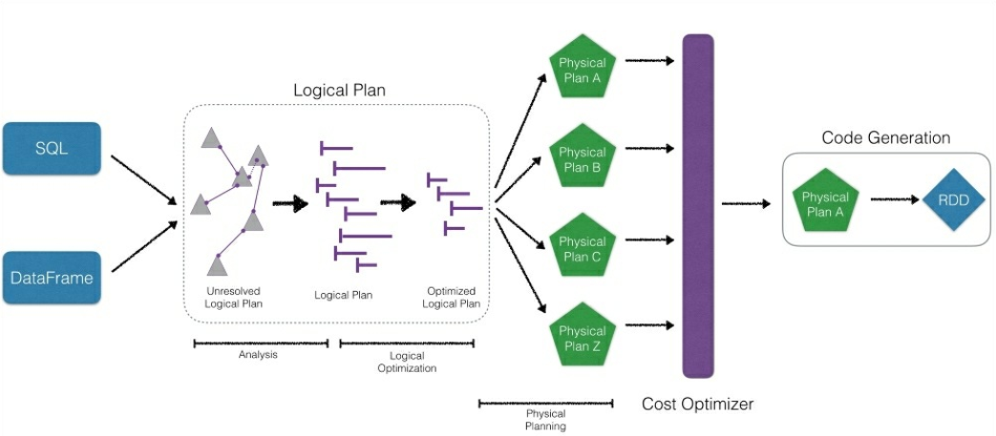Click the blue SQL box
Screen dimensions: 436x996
pyautogui.click(x=52, y=148)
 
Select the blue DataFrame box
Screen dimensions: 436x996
pyautogui.click(x=52, y=278)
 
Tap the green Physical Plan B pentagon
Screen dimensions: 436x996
pyautogui.click(x=583, y=158)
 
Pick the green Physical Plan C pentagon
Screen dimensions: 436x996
pyautogui.click(x=583, y=248)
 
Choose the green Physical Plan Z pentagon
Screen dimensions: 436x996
pyautogui.click(x=583, y=338)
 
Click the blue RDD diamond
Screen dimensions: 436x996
pyautogui.click(x=951, y=198)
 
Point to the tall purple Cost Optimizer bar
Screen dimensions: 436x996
pyautogui.click(x=698, y=206)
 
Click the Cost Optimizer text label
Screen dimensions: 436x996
pyautogui.click(x=697, y=404)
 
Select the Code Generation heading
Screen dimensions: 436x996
pyautogui.click(x=885, y=138)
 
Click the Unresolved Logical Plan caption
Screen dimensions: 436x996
pyautogui.click(x=233, y=298)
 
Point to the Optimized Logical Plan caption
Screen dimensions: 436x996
pyautogui.click(x=451, y=298)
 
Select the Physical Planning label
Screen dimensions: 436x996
pyautogui.click(x=545, y=420)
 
